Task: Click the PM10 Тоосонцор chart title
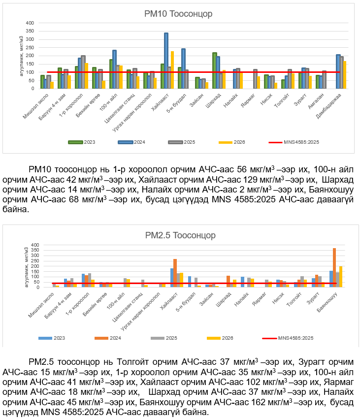178,14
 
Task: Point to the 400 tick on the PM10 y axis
30,23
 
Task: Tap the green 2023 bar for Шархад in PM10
215,70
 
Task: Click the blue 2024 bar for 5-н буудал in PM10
183,68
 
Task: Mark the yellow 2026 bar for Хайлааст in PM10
172,70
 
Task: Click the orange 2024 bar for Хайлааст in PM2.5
175,273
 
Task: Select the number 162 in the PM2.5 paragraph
272,403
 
